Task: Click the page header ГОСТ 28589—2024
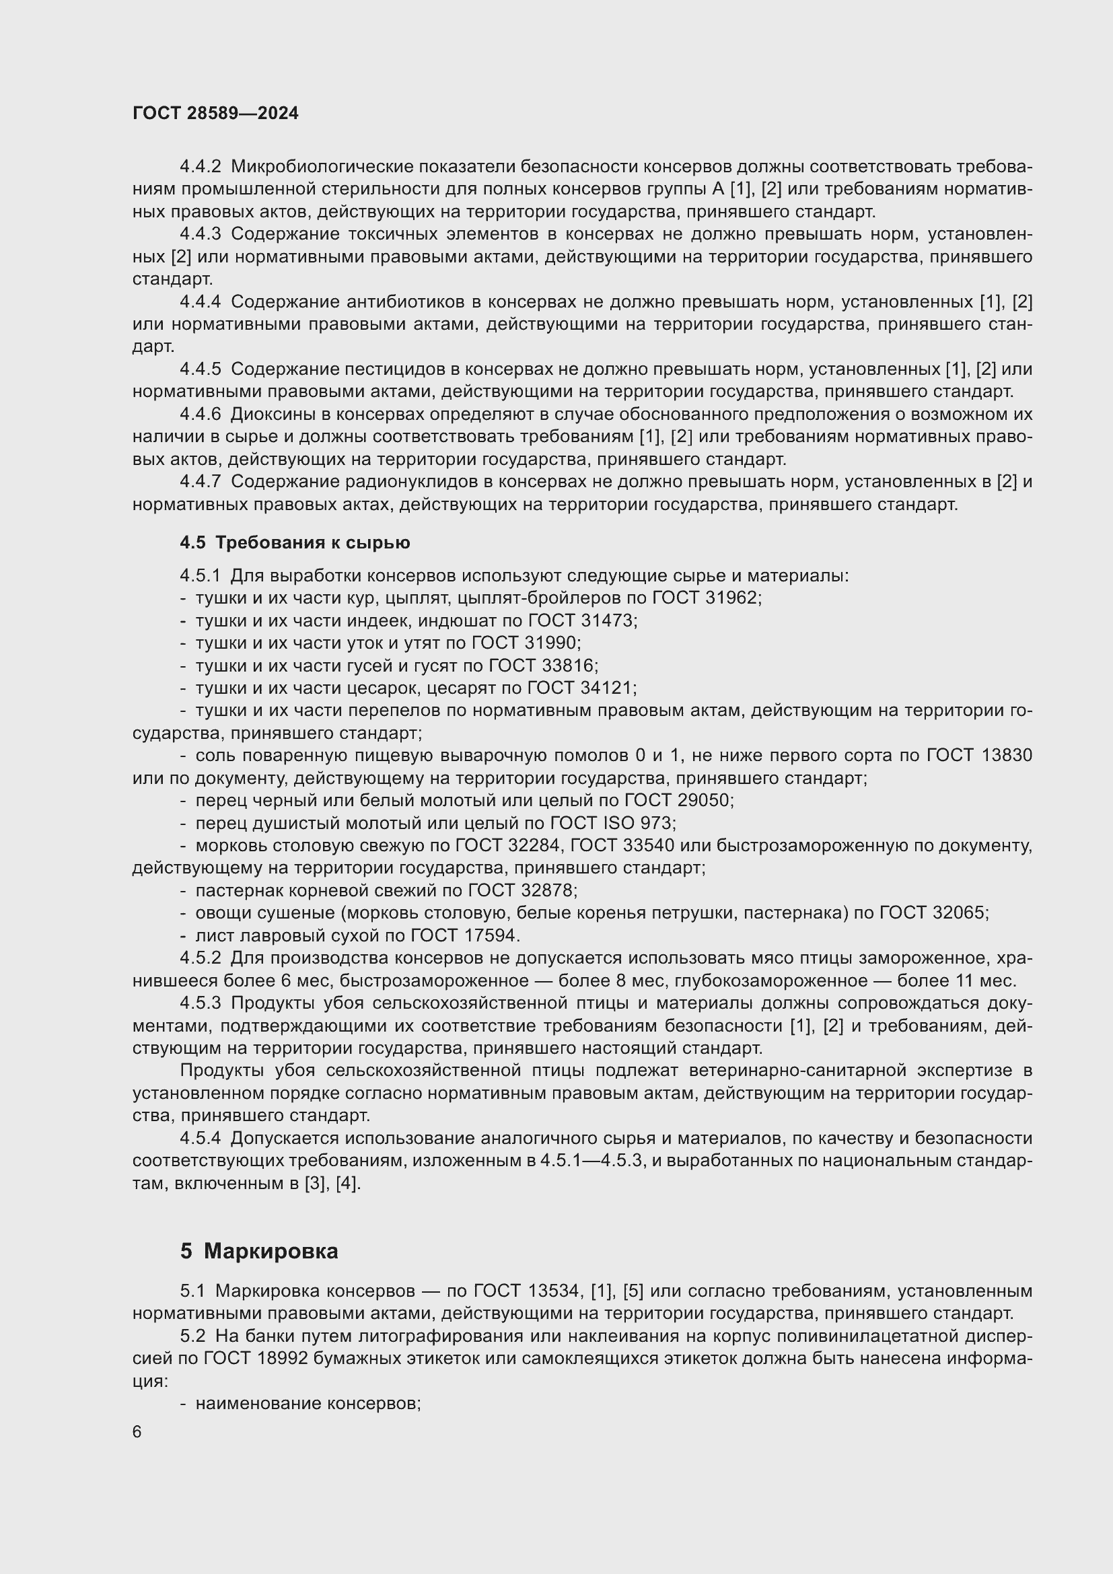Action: (x=215, y=114)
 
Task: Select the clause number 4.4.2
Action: (x=200, y=167)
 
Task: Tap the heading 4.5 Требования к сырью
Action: (x=295, y=543)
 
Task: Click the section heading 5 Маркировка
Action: (x=259, y=1251)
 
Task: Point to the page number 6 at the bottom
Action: (x=137, y=1432)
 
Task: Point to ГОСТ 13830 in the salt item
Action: (x=978, y=756)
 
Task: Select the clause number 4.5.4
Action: (x=200, y=1139)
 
